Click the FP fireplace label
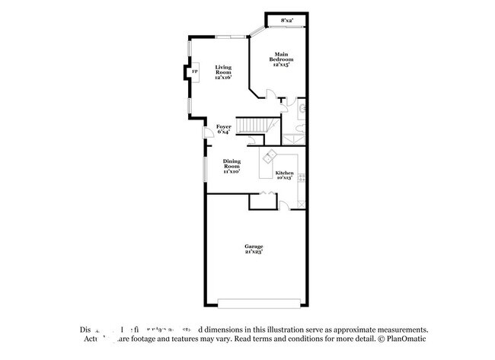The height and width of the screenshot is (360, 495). tap(193, 72)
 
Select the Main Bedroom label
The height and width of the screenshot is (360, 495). tap(282, 60)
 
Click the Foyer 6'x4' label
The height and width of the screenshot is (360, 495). tap(223, 129)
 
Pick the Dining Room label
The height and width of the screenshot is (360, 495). tap(232, 166)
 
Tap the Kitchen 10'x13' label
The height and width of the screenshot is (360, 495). tap(284, 175)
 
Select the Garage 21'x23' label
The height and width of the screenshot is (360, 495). tap(254, 248)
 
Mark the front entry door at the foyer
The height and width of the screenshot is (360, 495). tap(206, 135)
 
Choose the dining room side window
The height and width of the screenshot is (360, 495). tap(203, 167)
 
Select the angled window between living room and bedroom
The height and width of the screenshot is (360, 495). tap(257, 32)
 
